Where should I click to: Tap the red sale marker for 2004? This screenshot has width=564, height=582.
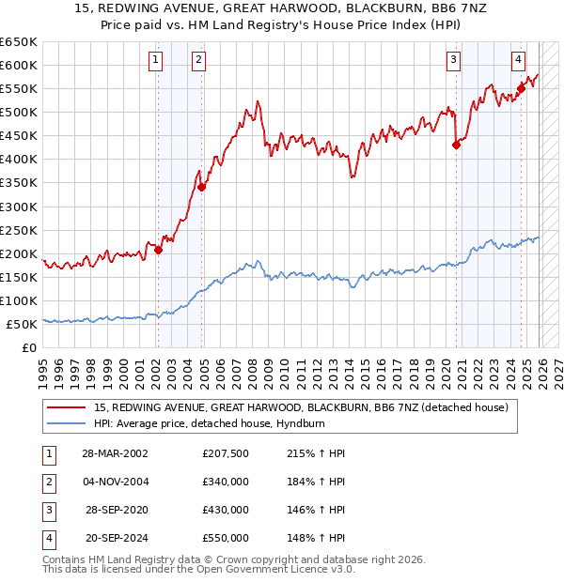(201, 186)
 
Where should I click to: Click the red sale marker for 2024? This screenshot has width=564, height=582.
(521, 88)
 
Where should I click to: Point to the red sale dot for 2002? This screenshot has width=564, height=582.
(158, 250)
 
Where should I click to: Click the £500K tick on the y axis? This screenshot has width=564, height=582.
(19, 113)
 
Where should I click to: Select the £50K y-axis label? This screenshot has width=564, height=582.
(23, 324)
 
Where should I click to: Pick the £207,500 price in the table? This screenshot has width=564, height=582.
(226, 453)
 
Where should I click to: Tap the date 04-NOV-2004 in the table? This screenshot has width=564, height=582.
(115, 482)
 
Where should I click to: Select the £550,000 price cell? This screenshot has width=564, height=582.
(226, 538)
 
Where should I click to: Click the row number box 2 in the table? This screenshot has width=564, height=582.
(47, 482)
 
